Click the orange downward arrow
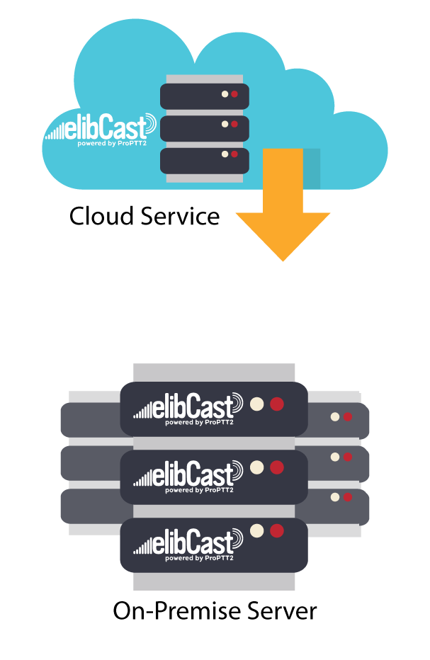click(x=283, y=212)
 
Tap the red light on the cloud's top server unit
click(x=234, y=93)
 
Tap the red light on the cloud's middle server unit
click(x=234, y=124)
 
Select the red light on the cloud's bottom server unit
click(x=234, y=154)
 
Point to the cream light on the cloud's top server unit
click(x=225, y=93)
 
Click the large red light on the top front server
click(x=277, y=404)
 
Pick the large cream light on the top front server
click(x=257, y=404)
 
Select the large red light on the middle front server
click(x=277, y=467)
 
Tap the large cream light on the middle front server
click(x=257, y=467)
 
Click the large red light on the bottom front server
click(x=277, y=530)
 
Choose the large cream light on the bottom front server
click(x=257, y=530)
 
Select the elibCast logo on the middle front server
click(x=188, y=473)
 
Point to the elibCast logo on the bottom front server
click(x=188, y=542)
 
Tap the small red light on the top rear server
click(x=348, y=417)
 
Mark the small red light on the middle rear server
click(x=348, y=457)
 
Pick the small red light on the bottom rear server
click(x=348, y=497)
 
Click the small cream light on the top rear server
click(x=335, y=417)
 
